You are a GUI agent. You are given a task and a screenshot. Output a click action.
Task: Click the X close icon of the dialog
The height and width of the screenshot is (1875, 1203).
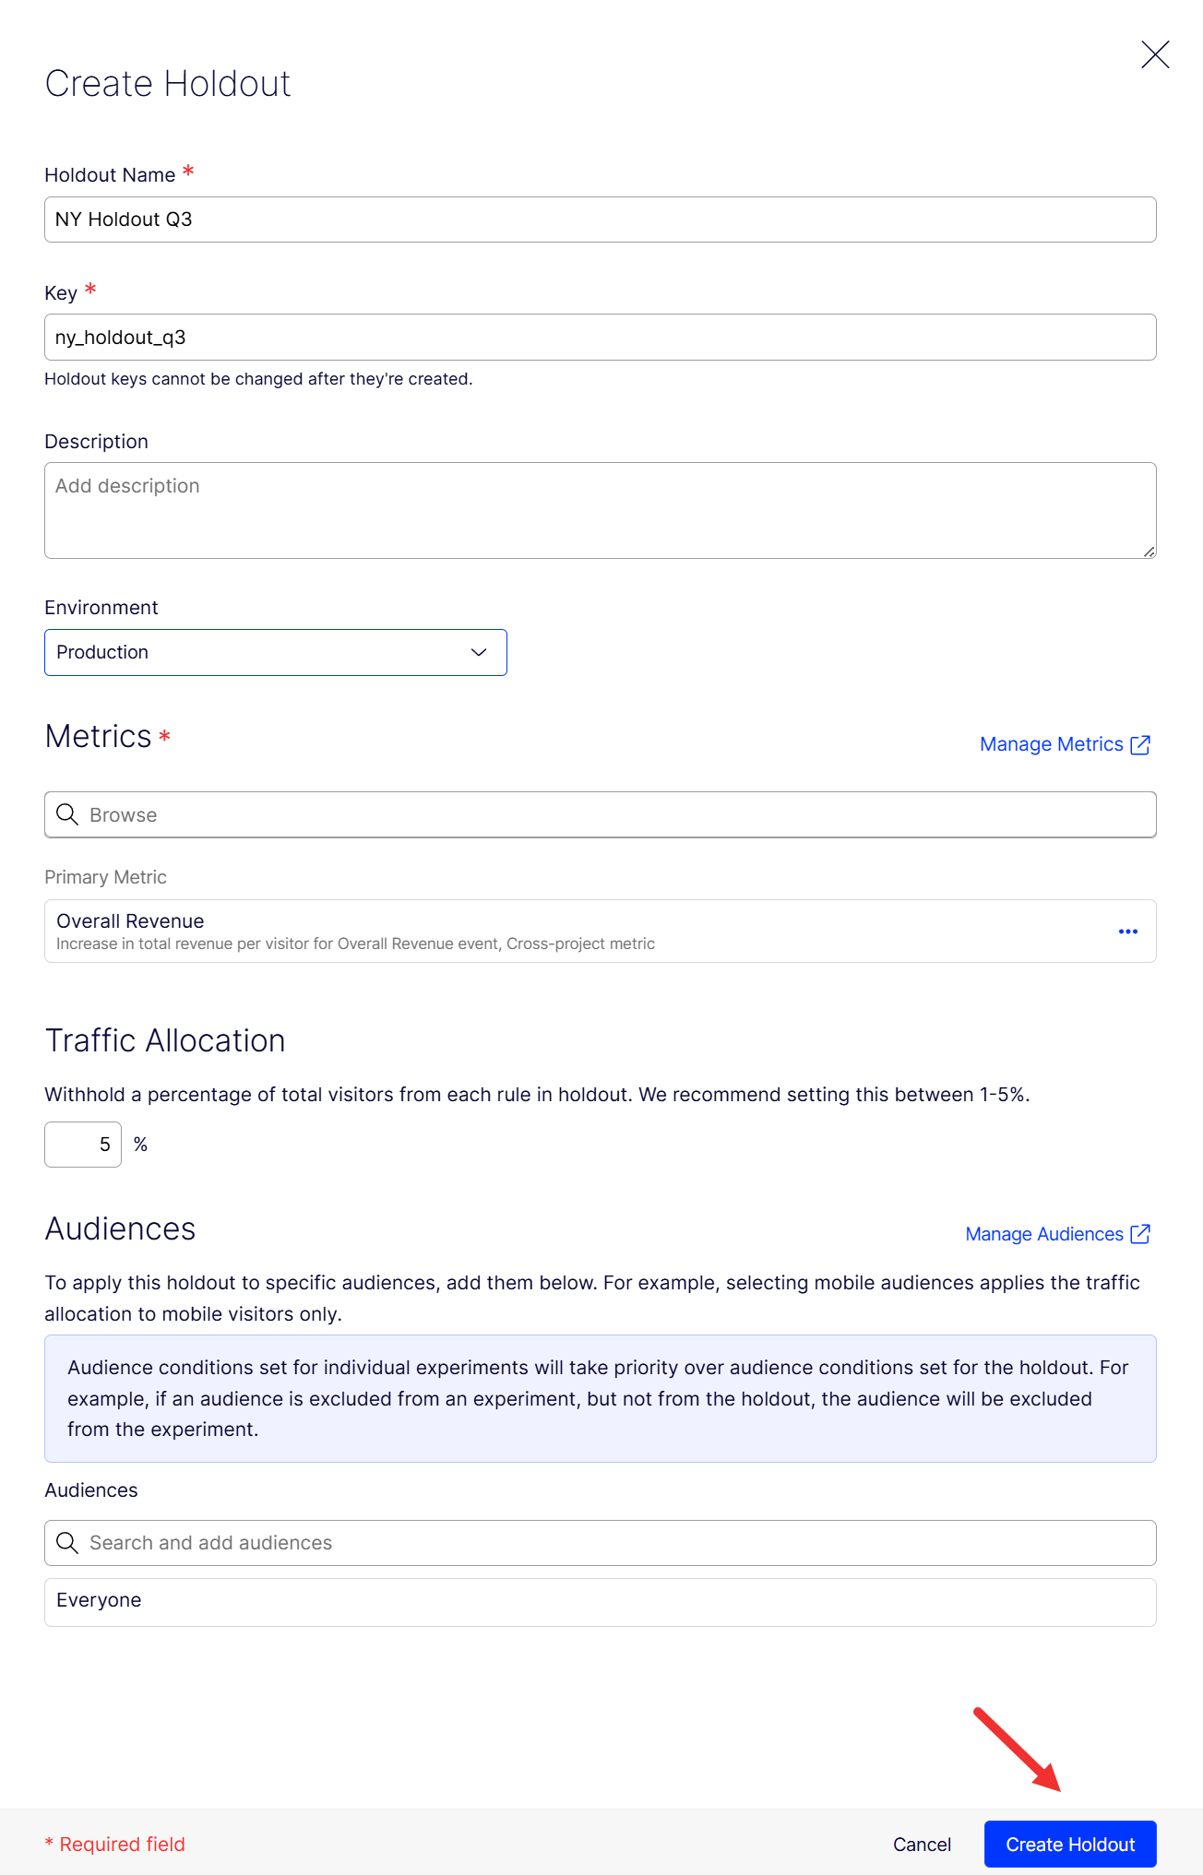[1155, 54]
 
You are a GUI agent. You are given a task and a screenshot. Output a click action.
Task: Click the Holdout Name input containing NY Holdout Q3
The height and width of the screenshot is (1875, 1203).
[600, 220]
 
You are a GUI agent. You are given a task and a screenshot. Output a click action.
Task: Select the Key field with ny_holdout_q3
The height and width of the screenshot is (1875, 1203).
[600, 338]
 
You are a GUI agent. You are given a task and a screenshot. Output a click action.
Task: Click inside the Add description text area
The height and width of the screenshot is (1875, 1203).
[600, 510]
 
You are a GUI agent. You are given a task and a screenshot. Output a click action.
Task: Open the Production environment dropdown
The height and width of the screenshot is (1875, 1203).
[275, 653]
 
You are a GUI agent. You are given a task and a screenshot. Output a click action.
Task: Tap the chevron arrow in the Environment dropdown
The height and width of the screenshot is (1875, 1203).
[479, 653]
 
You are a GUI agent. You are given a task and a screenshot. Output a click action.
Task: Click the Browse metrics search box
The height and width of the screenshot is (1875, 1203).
[600, 815]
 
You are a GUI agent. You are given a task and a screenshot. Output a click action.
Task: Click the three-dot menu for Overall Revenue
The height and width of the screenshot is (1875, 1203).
[1127, 932]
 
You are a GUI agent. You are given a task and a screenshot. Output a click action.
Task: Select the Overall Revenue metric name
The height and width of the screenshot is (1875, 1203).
[130, 921]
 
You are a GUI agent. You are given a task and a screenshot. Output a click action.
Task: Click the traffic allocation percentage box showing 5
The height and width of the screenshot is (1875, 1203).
[83, 1145]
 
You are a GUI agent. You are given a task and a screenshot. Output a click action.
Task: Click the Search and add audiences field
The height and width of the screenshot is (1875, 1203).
[600, 1543]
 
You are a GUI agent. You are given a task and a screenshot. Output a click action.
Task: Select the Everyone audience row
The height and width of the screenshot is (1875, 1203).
[600, 1601]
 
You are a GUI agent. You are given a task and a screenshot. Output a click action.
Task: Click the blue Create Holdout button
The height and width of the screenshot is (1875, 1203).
[1069, 1845]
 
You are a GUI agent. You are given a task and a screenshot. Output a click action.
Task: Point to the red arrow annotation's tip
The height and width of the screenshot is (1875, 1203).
[1058, 1789]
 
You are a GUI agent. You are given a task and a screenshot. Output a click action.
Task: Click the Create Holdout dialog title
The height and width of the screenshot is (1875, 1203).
[168, 84]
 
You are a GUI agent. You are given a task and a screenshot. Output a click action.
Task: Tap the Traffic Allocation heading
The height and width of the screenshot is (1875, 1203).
[165, 1041]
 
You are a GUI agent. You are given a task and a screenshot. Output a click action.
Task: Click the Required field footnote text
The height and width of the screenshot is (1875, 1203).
[115, 1845]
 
